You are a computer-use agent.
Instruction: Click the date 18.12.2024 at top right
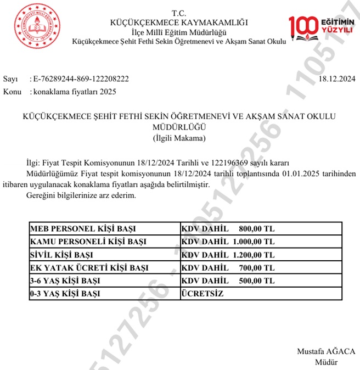pyautogui.click(x=336, y=79)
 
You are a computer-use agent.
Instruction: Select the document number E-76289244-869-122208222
pyautogui.click(x=82, y=79)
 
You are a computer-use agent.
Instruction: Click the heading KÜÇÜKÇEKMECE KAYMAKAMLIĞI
pyautogui.click(x=179, y=23)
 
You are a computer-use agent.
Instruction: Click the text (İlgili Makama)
pyautogui.click(x=179, y=138)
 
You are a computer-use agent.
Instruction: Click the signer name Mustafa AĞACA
pyautogui.click(x=326, y=351)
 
